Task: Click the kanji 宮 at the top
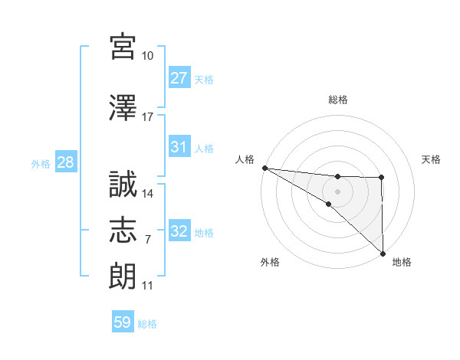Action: pos(123,47)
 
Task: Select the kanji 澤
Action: pos(123,108)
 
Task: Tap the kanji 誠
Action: pos(123,185)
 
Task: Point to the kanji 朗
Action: pos(123,275)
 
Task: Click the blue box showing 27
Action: pos(179,78)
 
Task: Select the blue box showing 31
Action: pos(179,147)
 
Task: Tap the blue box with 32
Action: pos(179,231)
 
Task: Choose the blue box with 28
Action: pos(64,163)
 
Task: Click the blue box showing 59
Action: pos(123,322)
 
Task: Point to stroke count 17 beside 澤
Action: pos(148,117)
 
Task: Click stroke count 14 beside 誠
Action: pos(148,194)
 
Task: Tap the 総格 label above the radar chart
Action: pos(338,100)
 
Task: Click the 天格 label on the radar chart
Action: pos(432,159)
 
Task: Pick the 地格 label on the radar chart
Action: pos(402,262)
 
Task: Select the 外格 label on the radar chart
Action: pos(270,262)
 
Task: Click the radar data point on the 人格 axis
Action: pos(264,168)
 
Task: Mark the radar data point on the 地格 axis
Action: pos(383,253)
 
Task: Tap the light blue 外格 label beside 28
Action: pos(41,164)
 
